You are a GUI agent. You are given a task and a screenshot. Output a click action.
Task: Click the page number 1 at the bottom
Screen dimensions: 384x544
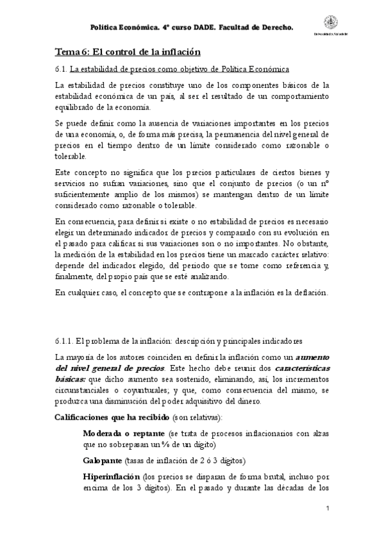tap(328, 509)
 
